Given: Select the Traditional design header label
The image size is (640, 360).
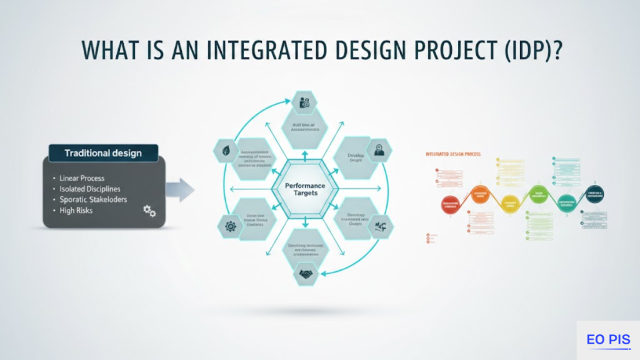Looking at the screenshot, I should (x=103, y=153).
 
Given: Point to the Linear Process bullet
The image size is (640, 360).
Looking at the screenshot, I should (x=82, y=178).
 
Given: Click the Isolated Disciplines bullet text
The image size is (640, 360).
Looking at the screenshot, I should (x=90, y=189).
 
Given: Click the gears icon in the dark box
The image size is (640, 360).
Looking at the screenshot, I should (x=149, y=211).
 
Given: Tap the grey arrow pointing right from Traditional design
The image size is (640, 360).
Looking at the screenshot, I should (x=181, y=190).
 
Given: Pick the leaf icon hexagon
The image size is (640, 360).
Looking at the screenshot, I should (x=224, y=151).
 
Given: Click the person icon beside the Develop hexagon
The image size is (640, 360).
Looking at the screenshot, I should (x=378, y=150).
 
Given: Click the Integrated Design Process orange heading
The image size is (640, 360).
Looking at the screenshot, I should (x=452, y=153).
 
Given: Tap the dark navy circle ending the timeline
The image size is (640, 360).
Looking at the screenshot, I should (x=595, y=194).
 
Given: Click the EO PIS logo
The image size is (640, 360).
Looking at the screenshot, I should (x=608, y=340).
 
